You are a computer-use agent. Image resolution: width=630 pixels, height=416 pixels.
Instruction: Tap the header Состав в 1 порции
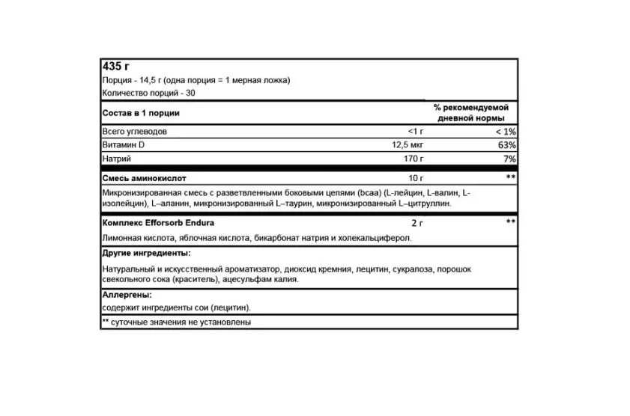pyautogui.click(x=141, y=113)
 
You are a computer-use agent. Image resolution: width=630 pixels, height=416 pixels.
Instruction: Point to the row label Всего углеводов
pyautogui.click(x=134, y=132)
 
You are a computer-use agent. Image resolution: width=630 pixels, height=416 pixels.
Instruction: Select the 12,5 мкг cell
pyautogui.click(x=408, y=145)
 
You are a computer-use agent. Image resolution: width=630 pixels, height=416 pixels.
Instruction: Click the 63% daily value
pyautogui.click(x=507, y=145)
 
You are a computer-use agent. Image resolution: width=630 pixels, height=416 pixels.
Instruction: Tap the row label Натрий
pyautogui.click(x=116, y=159)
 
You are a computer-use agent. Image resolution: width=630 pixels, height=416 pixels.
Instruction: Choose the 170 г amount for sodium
pyautogui.click(x=412, y=159)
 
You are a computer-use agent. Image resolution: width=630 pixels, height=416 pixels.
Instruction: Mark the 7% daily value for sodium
pyautogui.click(x=509, y=159)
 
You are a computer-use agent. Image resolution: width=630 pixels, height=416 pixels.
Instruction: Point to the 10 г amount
pyautogui.click(x=415, y=179)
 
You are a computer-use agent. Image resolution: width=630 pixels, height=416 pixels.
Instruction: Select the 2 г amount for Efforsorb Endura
pyautogui.click(x=417, y=223)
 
